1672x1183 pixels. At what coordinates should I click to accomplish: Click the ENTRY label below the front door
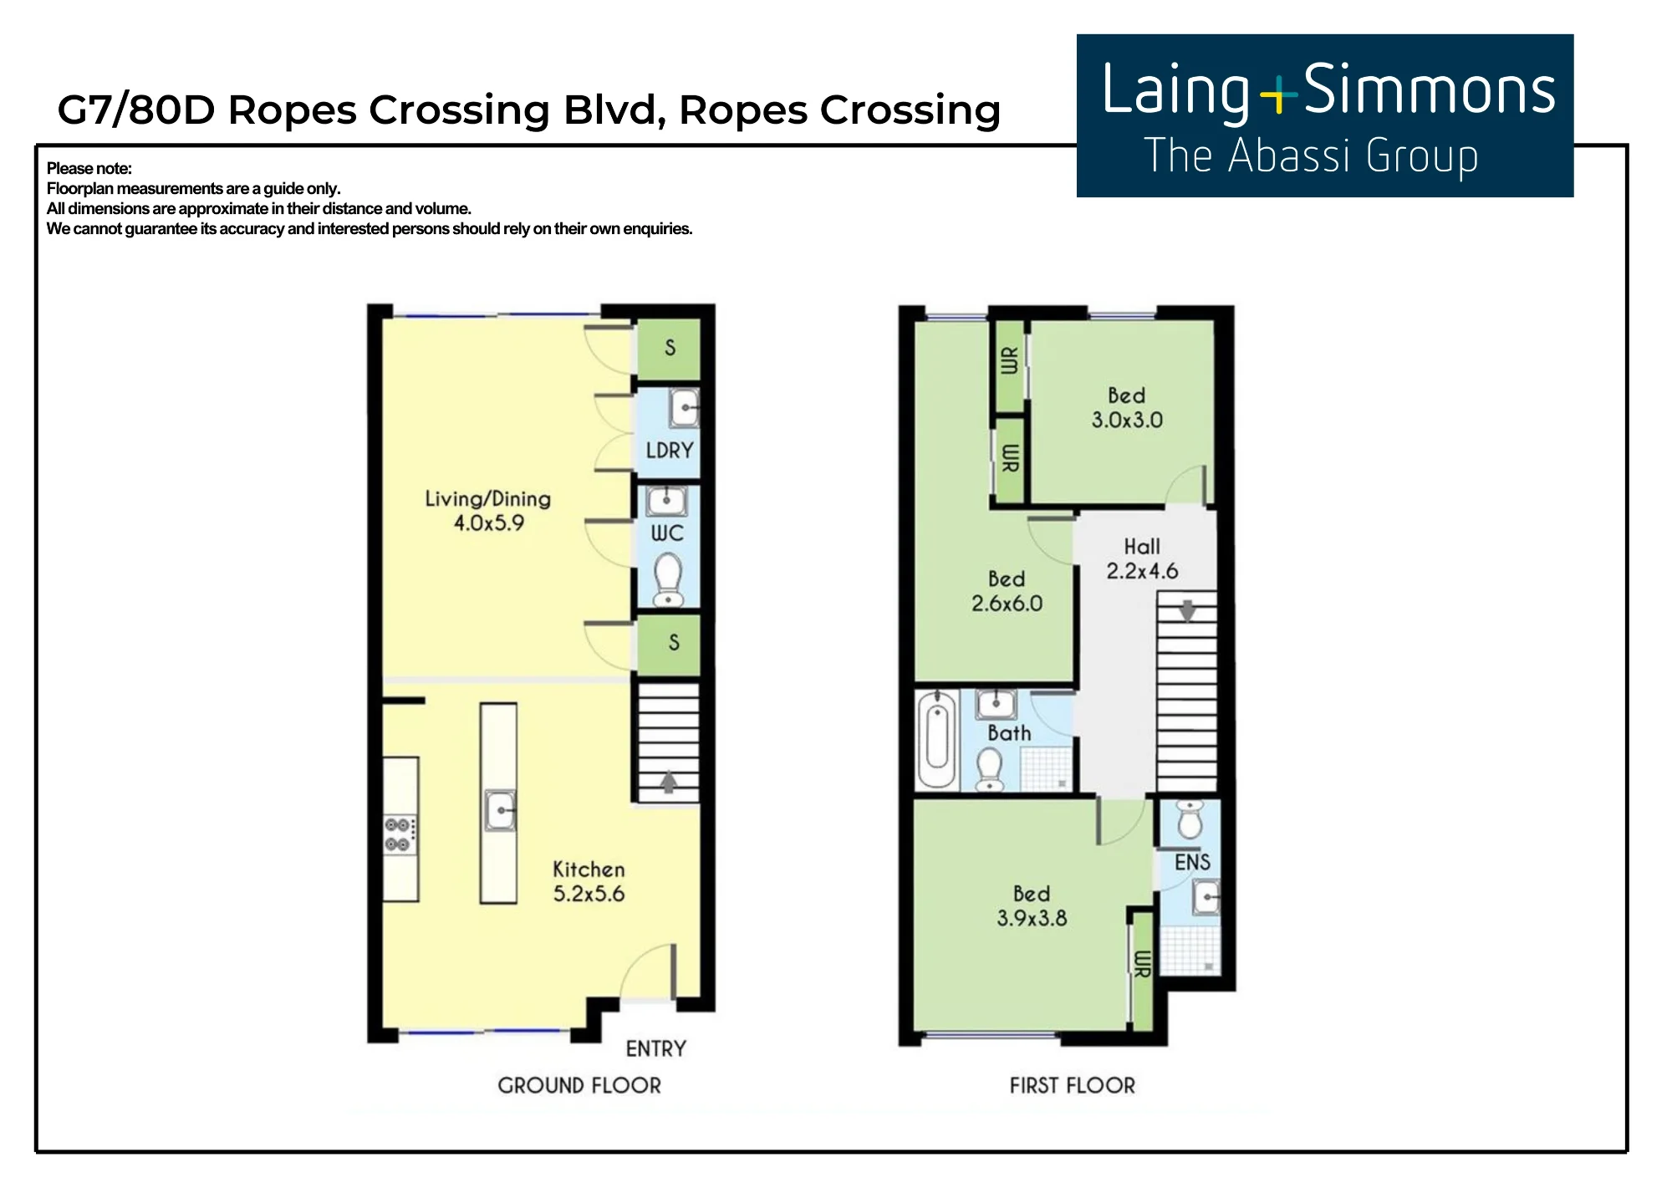click(x=656, y=1048)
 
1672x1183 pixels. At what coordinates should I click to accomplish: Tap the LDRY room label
click(x=670, y=451)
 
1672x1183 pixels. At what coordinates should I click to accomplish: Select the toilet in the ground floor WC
click(x=667, y=579)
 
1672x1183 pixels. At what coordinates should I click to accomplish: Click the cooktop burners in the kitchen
click(x=398, y=834)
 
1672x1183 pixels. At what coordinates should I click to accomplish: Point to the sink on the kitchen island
click(x=500, y=809)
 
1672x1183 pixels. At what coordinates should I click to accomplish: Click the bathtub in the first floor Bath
click(x=937, y=739)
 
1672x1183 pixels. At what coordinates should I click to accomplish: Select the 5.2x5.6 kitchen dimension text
click(x=589, y=894)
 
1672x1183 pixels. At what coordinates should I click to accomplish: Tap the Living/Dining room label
click(x=488, y=499)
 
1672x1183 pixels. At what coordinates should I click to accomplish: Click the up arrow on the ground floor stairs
click(x=668, y=781)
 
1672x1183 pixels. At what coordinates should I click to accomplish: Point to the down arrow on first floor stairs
click(x=1187, y=610)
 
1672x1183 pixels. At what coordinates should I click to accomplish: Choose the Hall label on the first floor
click(x=1142, y=547)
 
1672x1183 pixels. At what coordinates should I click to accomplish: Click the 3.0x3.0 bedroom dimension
click(x=1127, y=420)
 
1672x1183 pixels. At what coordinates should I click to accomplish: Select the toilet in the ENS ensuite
click(x=1190, y=819)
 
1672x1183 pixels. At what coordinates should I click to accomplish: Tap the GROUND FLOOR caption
click(x=579, y=1085)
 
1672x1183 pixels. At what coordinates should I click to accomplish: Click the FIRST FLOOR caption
click(x=1073, y=1085)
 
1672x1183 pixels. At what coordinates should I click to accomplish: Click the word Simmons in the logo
click(x=1430, y=90)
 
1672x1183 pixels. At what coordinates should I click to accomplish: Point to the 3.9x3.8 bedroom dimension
click(x=1032, y=918)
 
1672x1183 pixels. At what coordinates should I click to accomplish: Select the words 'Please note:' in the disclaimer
click(x=89, y=168)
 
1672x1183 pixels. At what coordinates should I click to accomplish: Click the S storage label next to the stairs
click(x=674, y=642)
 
